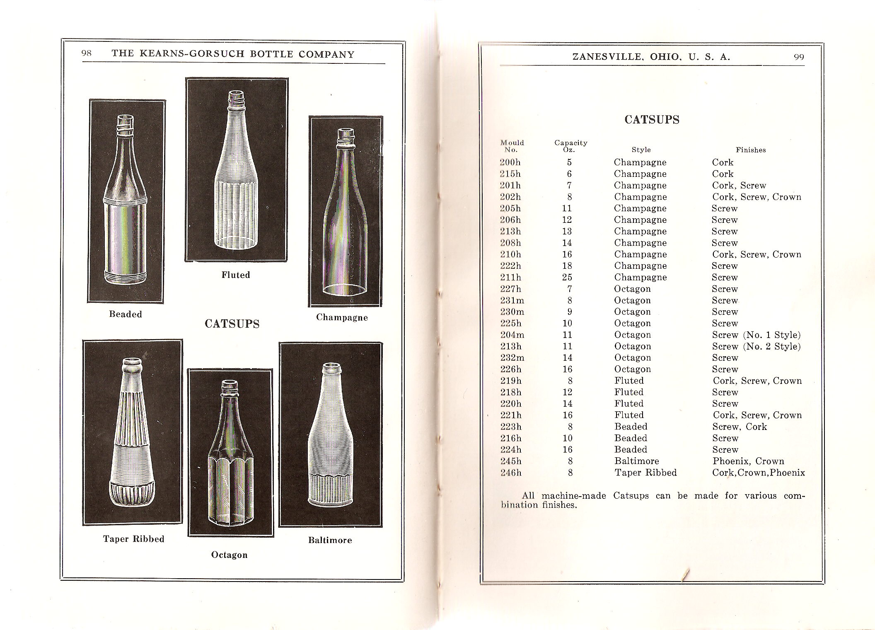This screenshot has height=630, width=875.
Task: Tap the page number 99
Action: point(799,58)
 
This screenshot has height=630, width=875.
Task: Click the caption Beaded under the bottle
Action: point(126,314)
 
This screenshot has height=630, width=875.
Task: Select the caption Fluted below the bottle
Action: point(236,275)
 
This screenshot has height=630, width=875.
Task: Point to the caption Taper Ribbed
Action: point(133,539)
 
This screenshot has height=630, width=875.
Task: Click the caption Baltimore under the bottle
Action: point(330,540)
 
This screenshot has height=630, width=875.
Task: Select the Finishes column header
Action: point(750,150)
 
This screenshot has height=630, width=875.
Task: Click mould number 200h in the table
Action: point(510,162)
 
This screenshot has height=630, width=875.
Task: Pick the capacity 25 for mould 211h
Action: point(567,277)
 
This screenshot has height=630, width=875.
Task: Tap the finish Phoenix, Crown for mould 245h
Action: point(748,461)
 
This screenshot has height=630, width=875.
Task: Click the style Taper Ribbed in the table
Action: point(645,473)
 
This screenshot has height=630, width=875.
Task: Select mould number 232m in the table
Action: point(512,357)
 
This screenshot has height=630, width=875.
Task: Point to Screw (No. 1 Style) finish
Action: point(756,335)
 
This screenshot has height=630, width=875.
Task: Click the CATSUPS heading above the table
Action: point(652,120)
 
